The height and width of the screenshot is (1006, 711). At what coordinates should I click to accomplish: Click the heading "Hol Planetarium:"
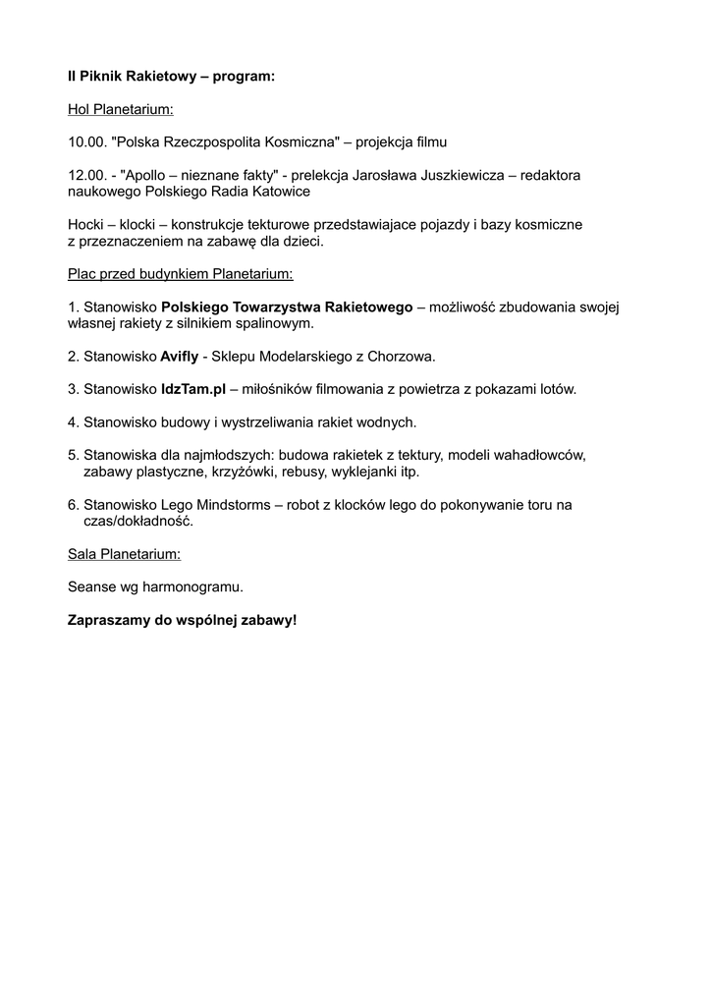pos(120,109)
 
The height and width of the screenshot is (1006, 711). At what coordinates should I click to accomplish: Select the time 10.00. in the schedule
pos(86,142)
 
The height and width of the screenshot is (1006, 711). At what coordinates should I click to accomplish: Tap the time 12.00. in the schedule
pos(86,175)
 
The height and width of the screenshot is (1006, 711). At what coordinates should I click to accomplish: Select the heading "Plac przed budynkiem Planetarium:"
pos(180,274)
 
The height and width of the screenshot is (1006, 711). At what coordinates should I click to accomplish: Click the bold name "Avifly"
pos(179,357)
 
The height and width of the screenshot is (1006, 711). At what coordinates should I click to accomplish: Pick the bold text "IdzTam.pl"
pos(192,390)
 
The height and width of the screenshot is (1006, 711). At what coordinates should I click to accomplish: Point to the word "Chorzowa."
pos(402,357)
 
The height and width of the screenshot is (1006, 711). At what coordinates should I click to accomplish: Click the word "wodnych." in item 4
pos(389,422)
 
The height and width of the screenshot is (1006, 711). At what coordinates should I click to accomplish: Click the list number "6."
pos(74,505)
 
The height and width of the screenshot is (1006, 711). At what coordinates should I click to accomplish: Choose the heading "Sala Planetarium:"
pos(124,555)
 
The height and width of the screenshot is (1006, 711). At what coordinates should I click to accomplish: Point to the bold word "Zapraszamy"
pos(108,621)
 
